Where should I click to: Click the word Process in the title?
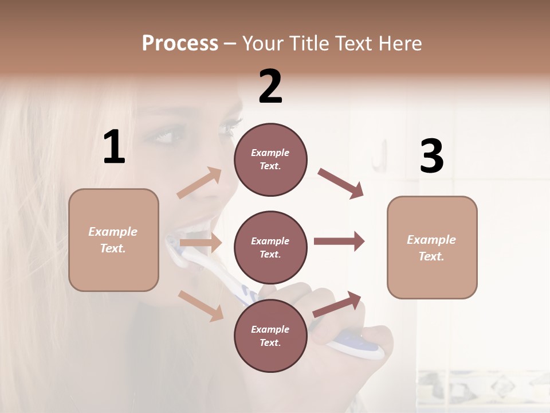(x=180, y=44)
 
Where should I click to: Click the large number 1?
(x=114, y=147)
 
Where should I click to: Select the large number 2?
(x=270, y=87)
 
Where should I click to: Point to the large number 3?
(x=431, y=157)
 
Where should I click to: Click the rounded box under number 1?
(x=113, y=240)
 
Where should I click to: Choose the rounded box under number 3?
(x=432, y=247)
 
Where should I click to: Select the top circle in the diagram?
(x=270, y=159)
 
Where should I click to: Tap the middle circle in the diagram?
(x=270, y=247)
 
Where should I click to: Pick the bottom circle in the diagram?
(x=270, y=336)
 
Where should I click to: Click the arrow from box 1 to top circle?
(x=200, y=183)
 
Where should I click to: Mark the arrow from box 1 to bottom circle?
(x=201, y=306)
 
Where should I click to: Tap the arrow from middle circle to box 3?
(x=339, y=241)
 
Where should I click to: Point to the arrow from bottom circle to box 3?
(x=337, y=304)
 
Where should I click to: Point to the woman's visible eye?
(x=158, y=137)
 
